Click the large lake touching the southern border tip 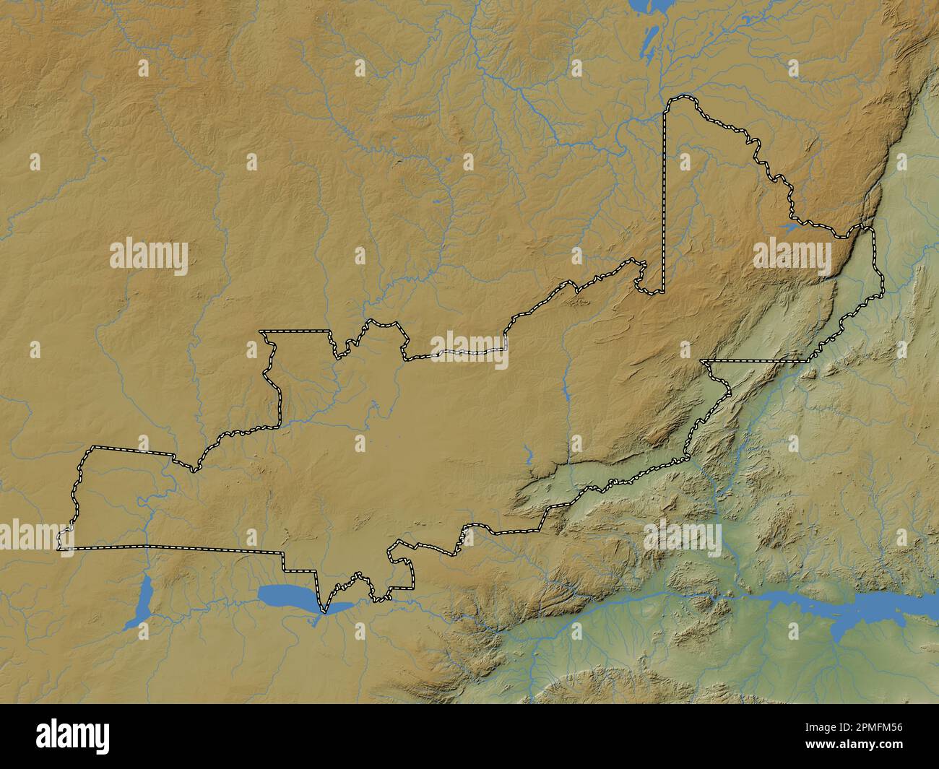[287, 596]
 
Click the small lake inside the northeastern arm [787, 227]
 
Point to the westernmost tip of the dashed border [59, 541]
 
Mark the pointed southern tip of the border [324, 612]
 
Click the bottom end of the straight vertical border [663, 292]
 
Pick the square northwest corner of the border [262, 331]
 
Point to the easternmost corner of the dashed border [882, 295]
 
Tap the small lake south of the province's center [528, 455]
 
